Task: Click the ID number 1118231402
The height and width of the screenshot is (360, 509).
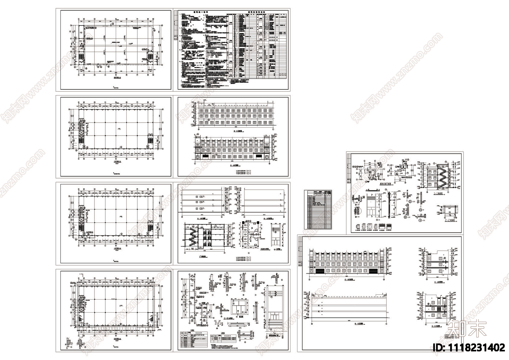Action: click(470, 347)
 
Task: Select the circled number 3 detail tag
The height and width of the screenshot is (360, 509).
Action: click(421, 210)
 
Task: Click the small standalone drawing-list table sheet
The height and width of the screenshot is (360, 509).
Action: click(318, 209)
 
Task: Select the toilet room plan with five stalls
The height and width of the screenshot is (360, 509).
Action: click(251, 234)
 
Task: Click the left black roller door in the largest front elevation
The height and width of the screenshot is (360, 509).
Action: click(320, 271)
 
